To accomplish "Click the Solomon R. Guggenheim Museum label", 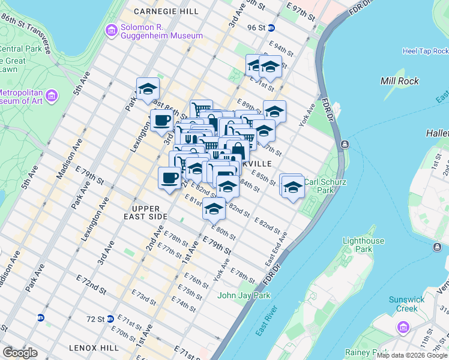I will [x=161, y=31].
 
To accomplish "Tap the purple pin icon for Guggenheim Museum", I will [x=110, y=30].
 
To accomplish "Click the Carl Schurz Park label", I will [x=327, y=185].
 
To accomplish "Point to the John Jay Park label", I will [x=244, y=295].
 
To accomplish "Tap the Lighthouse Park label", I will [x=363, y=244].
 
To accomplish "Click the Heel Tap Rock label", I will [x=426, y=52].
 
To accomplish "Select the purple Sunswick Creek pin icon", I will [x=402, y=327].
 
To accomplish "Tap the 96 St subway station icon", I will [x=271, y=28].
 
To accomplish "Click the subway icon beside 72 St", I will [x=110, y=319].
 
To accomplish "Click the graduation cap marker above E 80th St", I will [x=214, y=209].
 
